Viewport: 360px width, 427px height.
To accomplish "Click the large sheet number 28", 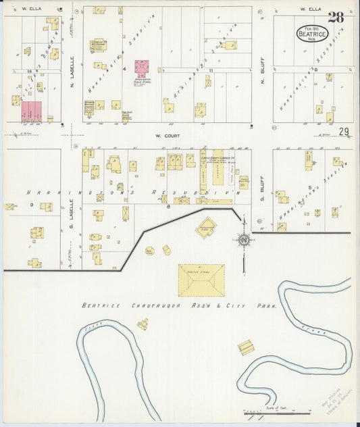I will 336,18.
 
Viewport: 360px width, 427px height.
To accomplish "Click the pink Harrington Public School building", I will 141,69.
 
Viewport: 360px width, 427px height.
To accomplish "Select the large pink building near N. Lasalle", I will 31,111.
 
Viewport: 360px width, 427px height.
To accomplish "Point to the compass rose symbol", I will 243,239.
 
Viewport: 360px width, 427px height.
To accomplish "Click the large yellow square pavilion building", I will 201,280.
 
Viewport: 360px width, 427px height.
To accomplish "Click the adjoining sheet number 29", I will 344,132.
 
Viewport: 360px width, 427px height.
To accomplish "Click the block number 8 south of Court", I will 167,207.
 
